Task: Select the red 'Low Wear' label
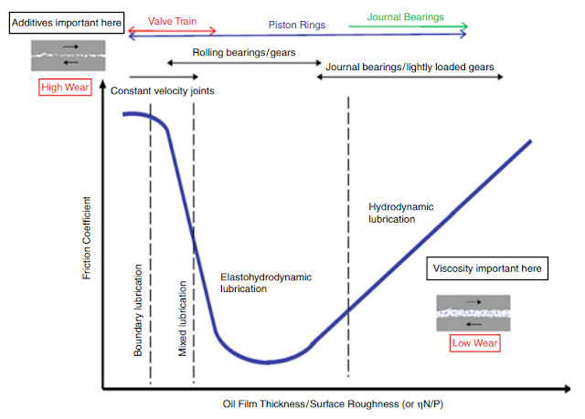[x=473, y=342]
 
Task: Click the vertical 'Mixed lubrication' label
[x=183, y=319]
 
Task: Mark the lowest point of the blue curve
[x=268, y=362]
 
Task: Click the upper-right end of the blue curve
[x=531, y=141]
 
